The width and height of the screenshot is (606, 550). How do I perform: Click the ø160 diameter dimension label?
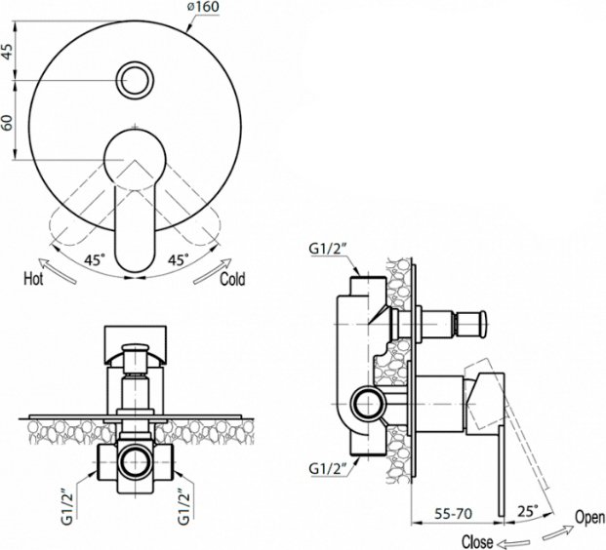203,7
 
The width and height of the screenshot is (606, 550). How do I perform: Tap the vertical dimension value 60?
8,123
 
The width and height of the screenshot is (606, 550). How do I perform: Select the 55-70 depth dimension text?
454,513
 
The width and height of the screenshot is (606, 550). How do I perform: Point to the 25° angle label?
528,511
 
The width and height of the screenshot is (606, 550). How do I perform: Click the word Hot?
33,279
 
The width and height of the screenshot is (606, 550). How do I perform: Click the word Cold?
232,279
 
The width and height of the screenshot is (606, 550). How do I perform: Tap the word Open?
589,517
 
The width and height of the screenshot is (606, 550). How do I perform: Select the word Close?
477,542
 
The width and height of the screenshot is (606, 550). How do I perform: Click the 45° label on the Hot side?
95,259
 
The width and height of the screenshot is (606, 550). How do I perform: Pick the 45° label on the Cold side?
179,259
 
